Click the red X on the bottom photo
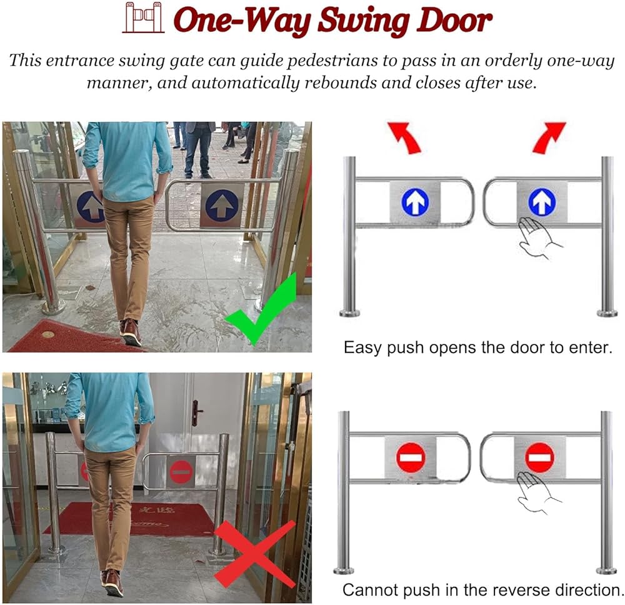click(x=255, y=554)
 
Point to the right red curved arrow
click(x=549, y=137)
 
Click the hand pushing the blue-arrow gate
click(x=538, y=238)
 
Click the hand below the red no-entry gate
click(x=537, y=492)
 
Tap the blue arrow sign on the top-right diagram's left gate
click(x=416, y=202)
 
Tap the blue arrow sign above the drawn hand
click(x=542, y=202)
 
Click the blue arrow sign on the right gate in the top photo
click(x=222, y=206)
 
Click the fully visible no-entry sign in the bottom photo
click(x=181, y=471)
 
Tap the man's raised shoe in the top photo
click(x=131, y=332)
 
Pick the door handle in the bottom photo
click(x=196, y=412)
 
